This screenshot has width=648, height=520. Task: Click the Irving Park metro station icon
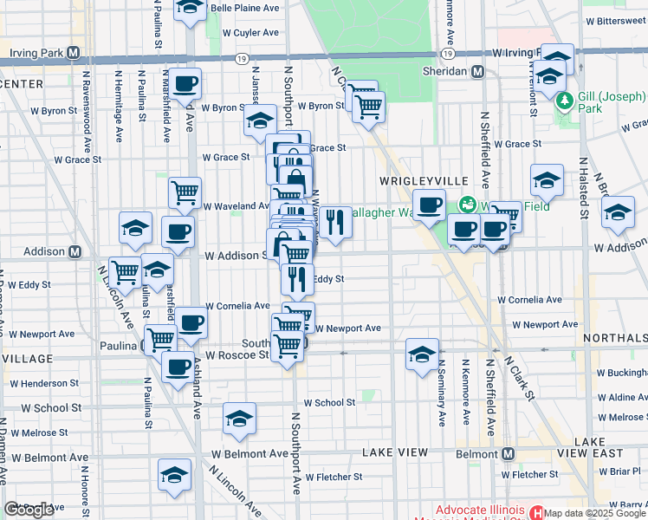(x=74, y=52)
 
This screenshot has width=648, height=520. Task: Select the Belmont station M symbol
(x=509, y=453)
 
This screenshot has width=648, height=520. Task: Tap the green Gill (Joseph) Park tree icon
(x=566, y=101)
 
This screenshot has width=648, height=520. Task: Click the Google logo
(x=29, y=510)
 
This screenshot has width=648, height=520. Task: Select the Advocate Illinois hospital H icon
(x=535, y=511)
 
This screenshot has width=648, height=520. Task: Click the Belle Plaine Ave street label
(x=245, y=8)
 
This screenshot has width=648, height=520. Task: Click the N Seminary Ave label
(x=442, y=394)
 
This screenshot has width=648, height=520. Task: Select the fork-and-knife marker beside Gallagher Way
(x=335, y=223)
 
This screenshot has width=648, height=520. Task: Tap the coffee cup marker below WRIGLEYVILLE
(x=429, y=205)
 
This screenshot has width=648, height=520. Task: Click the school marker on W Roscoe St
(x=422, y=354)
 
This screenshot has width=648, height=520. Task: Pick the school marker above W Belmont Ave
(x=239, y=419)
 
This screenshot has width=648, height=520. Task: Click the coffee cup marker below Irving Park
(x=185, y=84)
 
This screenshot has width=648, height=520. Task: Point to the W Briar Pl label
(x=623, y=471)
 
